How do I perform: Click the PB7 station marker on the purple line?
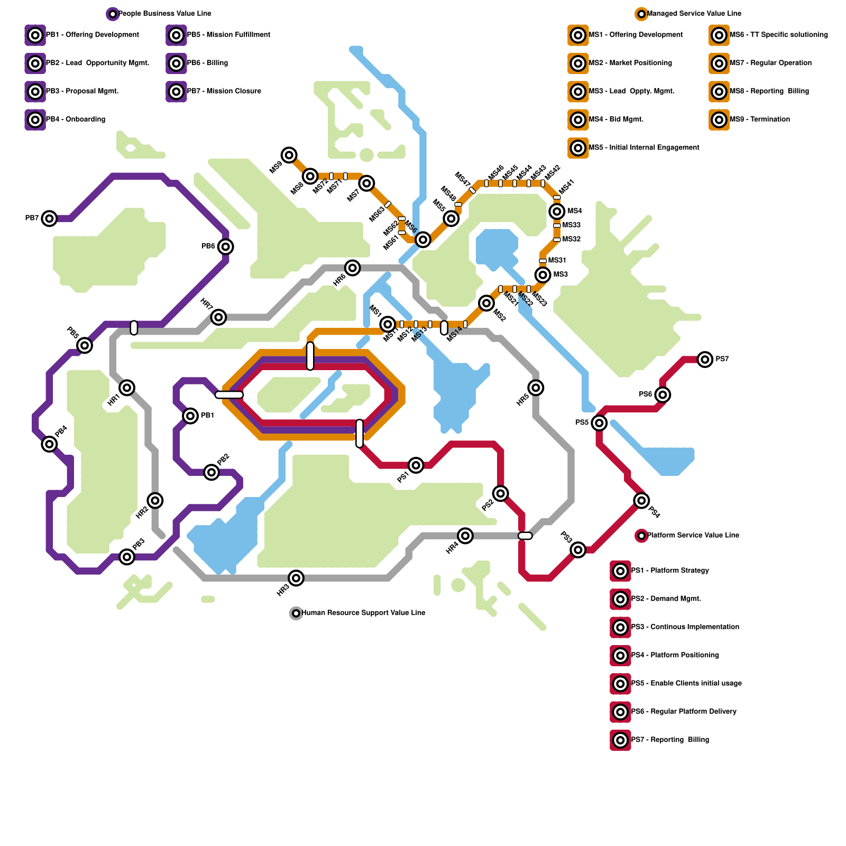coord(49,218)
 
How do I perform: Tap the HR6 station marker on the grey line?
coord(353,268)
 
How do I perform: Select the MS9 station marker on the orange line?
coord(289,155)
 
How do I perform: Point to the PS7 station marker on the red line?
coord(705,360)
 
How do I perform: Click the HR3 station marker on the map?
coord(296,578)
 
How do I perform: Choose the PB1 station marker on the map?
coord(190,416)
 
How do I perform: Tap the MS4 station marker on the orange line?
coord(557,212)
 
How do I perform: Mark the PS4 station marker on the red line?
coord(641,500)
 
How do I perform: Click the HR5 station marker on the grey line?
coord(536,388)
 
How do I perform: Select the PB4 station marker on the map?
coord(49,444)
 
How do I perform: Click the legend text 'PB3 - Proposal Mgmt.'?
coord(82,91)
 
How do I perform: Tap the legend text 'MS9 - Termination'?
coord(759,119)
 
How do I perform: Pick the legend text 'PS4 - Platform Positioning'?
coord(675,655)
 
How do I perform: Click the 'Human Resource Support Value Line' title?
coord(363,613)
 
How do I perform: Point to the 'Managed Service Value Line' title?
coord(694,14)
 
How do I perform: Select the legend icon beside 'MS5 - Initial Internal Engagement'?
coord(578,148)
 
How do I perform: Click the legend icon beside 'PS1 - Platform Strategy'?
coord(620,571)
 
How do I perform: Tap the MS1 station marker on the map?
coord(388,324)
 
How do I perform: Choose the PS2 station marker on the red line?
coord(501,493)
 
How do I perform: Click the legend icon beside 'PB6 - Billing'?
coord(176,63)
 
